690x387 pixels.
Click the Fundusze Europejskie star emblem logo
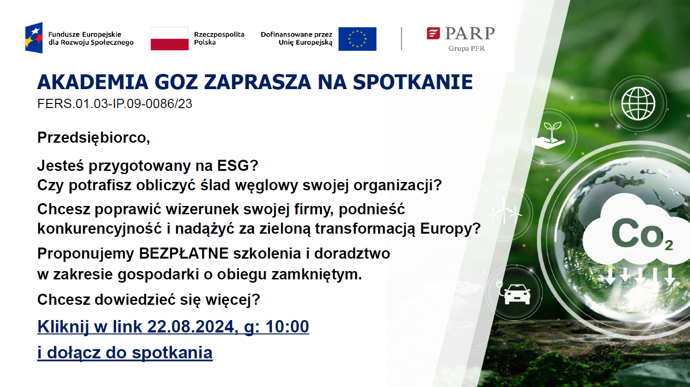tap(34, 38)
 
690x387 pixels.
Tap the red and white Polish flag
tap(169, 38)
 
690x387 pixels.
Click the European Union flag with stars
tap(357, 39)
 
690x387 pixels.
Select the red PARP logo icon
tap(433, 33)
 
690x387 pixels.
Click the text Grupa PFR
tap(466, 48)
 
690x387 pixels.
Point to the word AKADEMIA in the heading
tap(92, 82)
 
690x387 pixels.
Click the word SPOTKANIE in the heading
tap(413, 82)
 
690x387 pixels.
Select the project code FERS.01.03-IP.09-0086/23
tap(115, 103)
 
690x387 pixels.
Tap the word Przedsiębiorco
tap(93, 138)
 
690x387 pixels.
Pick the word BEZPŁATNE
tap(184, 254)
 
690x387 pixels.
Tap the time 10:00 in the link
tap(287, 327)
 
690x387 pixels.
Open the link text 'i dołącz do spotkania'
tap(125, 352)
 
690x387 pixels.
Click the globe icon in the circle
tap(638, 103)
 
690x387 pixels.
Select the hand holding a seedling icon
tap(548, 136)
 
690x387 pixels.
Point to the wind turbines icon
tap(504, 212)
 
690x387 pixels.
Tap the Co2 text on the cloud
tap(642, 235)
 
